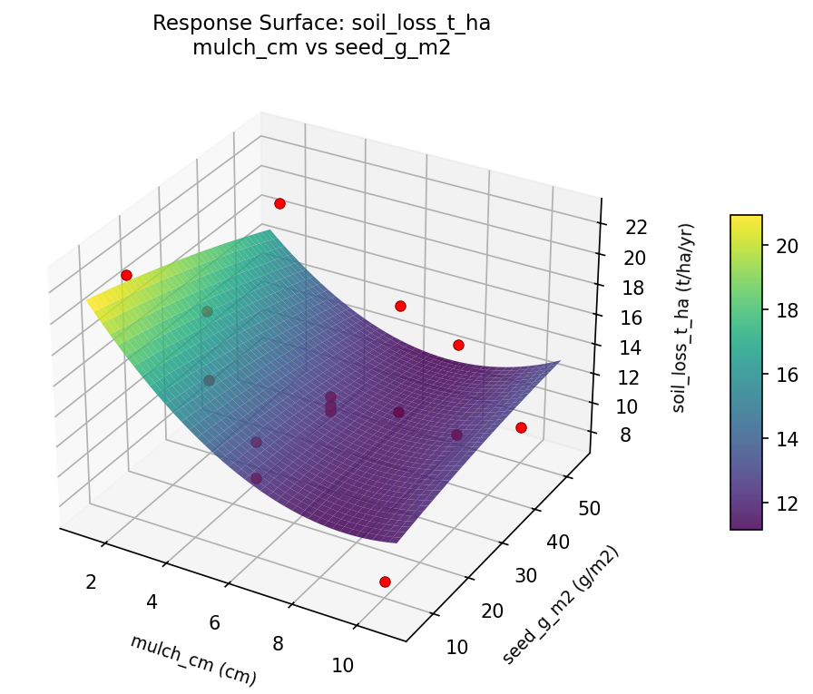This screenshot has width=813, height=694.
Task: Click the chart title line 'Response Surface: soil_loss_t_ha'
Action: tap(321, 24)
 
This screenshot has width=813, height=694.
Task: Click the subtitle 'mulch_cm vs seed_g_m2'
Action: tap(321, 49)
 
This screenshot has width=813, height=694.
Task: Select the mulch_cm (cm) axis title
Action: tap(193, 660)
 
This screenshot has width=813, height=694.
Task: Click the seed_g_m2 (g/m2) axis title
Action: tap(562, 605)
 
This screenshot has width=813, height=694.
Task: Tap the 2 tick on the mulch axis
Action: tap(90, 582)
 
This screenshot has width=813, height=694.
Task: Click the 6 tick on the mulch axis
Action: tap(214, 622)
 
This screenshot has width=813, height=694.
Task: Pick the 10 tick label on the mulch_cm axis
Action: tap(342, 665)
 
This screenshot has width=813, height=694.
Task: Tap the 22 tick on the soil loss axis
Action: tap(636, 228)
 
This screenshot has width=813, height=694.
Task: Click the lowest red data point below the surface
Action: tap(385, 582)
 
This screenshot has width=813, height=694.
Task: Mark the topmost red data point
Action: tap(279, 203)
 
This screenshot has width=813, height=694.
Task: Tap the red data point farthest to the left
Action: tap(126, 275)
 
